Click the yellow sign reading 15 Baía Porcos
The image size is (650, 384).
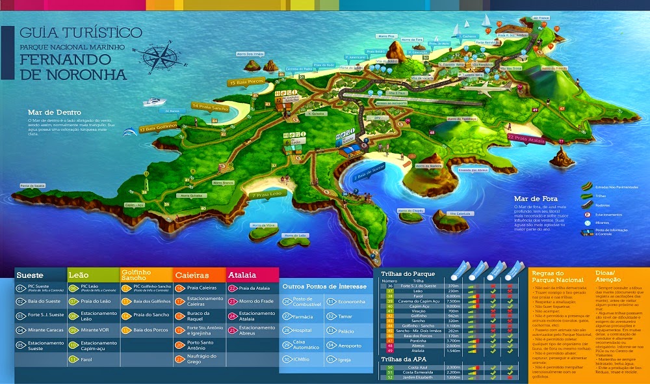pos(248,83)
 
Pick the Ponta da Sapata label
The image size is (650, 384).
pos(32,185)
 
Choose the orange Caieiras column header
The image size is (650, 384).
pos(196,275)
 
